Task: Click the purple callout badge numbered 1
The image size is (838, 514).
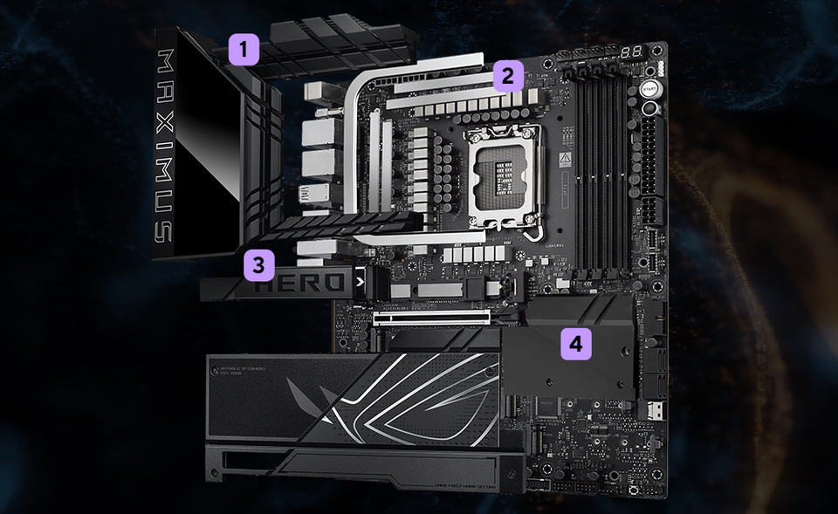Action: (245, 49)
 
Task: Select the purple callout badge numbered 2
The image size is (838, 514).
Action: (506, 77)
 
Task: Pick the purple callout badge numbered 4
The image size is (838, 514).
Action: (574, 344)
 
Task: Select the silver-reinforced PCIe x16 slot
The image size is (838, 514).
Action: (432, 319)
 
